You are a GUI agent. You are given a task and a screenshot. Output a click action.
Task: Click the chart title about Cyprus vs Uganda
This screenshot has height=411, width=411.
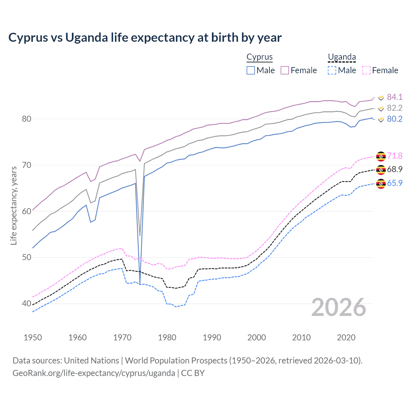145,38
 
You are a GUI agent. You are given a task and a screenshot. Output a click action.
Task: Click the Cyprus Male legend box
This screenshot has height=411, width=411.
251,70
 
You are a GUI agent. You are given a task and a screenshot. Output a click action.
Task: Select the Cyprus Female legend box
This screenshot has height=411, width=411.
285,70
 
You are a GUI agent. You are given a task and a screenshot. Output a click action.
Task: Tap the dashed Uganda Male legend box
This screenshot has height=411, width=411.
332,70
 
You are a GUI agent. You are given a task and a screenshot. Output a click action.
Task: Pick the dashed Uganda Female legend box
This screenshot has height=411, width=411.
366,70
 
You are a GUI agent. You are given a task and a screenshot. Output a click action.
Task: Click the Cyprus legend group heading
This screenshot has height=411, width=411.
259,57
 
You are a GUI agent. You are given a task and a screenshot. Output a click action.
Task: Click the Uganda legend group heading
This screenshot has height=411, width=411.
342,57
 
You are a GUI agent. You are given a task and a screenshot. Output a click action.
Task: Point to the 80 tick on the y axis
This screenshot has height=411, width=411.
26,119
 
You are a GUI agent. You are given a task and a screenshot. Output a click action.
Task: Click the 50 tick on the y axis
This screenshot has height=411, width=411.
26,258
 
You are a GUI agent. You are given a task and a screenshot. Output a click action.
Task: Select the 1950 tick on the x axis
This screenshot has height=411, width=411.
33,337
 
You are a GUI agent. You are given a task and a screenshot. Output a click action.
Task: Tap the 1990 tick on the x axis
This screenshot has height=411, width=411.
212,337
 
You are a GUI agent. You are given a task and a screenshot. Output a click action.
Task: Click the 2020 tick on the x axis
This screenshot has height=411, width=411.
346,337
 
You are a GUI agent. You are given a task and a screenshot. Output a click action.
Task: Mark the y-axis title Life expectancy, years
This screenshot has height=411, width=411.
14,205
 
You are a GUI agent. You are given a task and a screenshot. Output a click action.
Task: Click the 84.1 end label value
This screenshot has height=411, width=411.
395,97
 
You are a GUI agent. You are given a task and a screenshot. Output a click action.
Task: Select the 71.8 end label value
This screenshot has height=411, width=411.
395,156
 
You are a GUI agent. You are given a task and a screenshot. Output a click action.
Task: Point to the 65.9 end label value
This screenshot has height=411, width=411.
395,183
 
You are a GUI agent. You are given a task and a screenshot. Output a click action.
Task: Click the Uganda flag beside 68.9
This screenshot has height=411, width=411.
381,170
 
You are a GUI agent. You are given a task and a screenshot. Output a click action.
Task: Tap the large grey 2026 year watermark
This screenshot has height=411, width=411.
339,307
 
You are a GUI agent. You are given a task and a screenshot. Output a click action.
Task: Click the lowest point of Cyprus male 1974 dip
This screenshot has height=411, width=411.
140,284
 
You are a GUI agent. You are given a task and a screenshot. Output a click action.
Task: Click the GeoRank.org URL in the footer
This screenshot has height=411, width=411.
94,373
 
